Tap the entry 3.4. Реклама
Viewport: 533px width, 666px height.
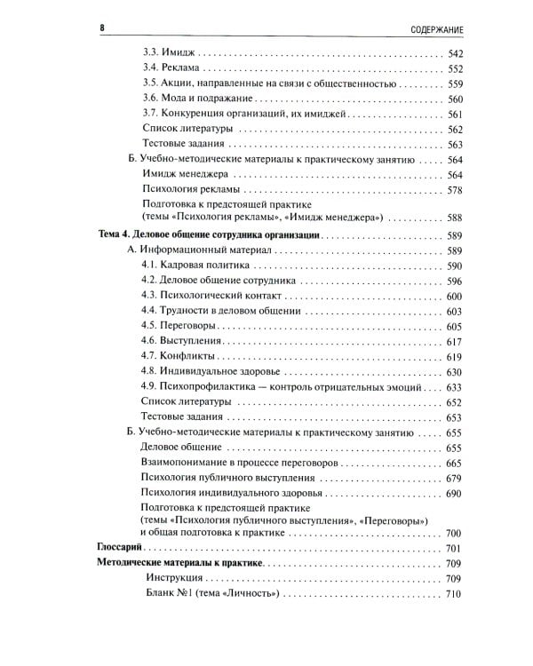click(172, 70)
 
